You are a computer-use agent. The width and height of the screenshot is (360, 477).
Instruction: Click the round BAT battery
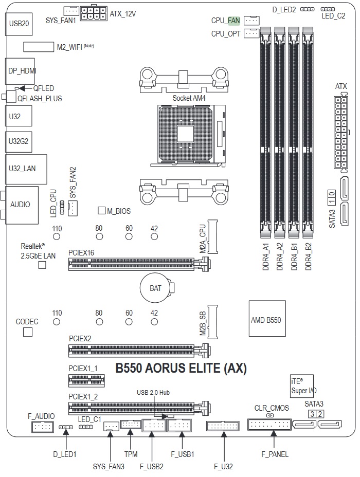156,288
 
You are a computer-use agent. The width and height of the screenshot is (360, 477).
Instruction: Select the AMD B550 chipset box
267,319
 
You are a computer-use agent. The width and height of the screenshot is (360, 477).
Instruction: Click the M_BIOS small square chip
102,211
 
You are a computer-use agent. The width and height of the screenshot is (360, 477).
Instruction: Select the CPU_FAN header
250,21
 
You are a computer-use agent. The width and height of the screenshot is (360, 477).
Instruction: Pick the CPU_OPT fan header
250,34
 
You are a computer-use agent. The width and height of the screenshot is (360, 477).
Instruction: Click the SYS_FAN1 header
70,11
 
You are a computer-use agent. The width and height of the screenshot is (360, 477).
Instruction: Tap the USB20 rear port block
19,23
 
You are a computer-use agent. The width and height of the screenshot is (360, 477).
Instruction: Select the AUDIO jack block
20,205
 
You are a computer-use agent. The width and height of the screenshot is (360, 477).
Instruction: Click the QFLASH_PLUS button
10,97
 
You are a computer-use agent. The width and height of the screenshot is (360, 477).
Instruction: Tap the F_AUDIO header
42,427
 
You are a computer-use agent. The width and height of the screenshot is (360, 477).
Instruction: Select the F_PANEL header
268,425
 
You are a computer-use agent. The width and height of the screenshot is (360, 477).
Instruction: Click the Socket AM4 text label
186,97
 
